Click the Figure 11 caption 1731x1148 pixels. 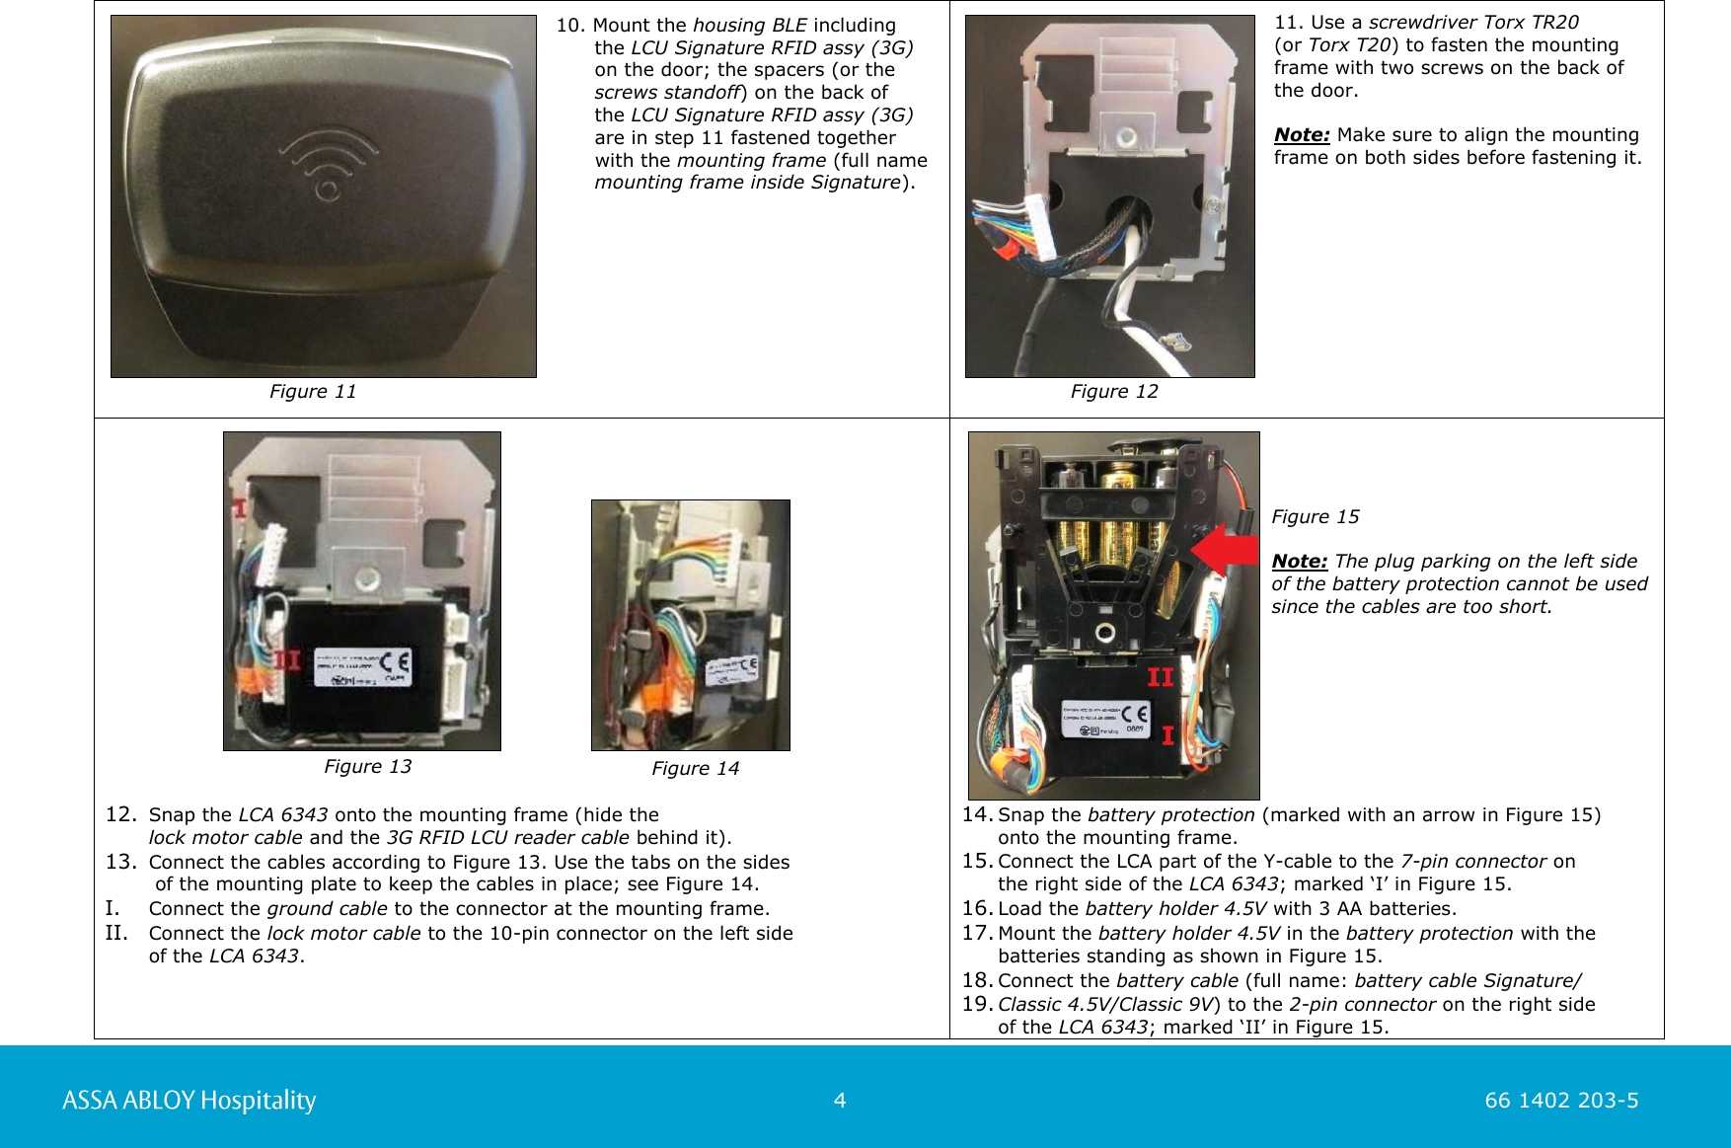[313, 392]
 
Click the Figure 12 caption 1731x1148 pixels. [1114, 392]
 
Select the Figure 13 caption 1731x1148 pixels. [367, 767]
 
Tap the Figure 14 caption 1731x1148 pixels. [695, 769]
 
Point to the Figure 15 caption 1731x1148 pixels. [1315, 517]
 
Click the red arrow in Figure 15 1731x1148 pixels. [1224, 550]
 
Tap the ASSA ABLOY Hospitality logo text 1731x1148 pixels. [188, 1100]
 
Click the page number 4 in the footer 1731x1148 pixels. [840, 1101]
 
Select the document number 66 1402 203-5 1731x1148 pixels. [1561, 1101]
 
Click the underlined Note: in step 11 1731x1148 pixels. [1301, 135]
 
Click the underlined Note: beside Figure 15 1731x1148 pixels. [1299, 562]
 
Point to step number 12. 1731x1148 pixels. [119, 814]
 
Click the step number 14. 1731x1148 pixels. [976, 814]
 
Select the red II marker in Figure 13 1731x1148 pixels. [287, 659]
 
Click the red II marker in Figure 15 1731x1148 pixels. [1160, 677]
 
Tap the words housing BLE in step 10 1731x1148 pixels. [749, 26]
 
